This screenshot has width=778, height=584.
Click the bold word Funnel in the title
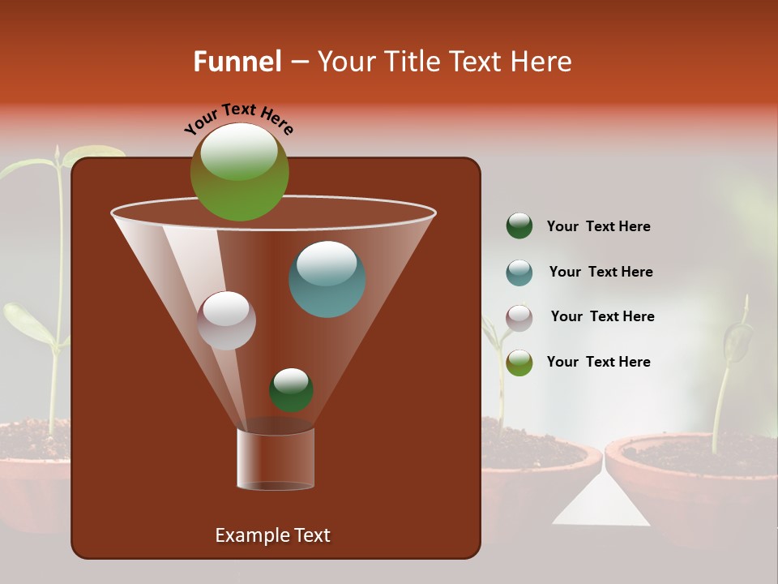pos(237,62)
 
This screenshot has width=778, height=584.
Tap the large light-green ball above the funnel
pos(240,172)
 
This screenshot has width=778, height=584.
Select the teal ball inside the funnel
pos(327,279)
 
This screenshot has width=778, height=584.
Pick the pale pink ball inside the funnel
pos(227,320)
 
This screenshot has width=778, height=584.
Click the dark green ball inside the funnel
pos(291,390)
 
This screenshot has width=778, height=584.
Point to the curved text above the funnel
pos(238,118)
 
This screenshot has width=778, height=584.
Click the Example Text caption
pos(272,535)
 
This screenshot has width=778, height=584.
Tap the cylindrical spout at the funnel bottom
pos(275,459)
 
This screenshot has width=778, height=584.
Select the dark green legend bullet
pos(519,226)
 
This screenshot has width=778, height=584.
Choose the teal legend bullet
pos(519,273)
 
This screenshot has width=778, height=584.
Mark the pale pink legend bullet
pos(519,318)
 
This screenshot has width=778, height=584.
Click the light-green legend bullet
pos(519,363)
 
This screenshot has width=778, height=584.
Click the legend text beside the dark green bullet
pos(598,227)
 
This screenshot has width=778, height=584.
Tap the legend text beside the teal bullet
pos(601,273)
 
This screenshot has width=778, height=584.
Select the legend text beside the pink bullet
pos(602,317)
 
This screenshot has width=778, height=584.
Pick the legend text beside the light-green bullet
pos(598,363)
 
